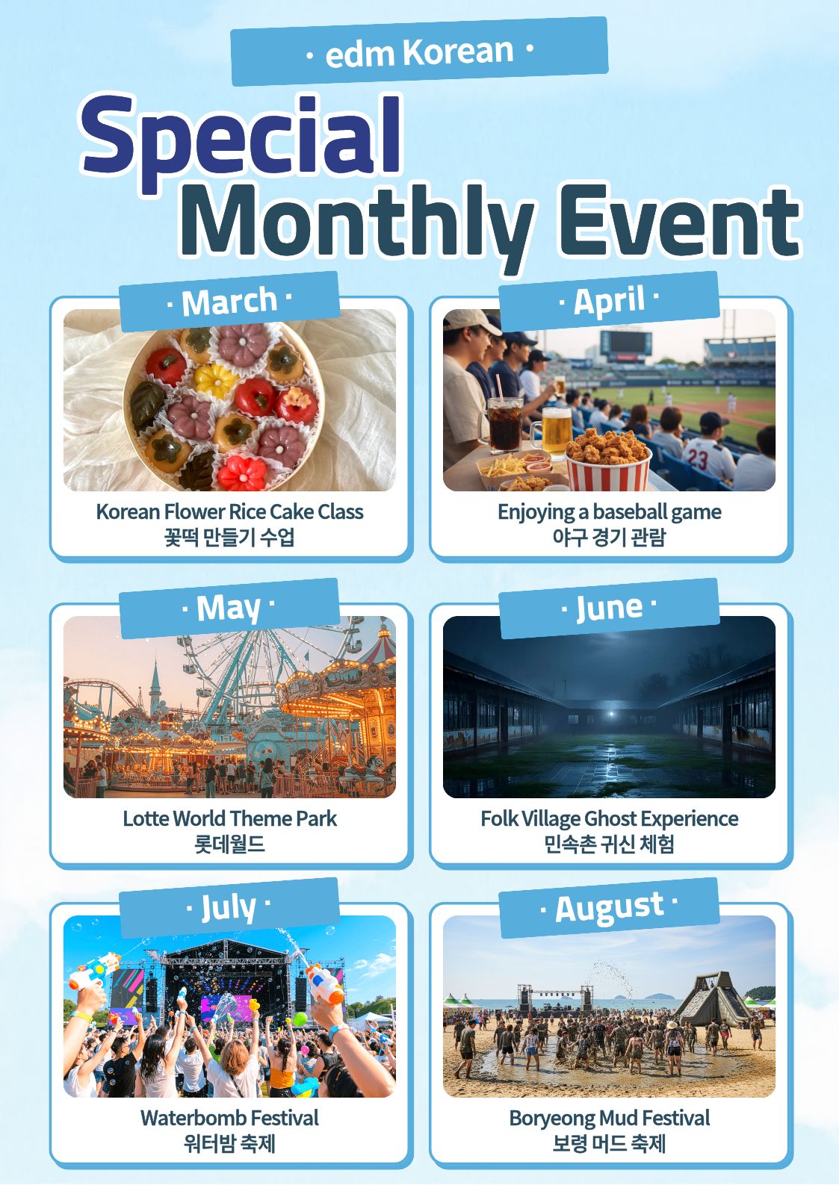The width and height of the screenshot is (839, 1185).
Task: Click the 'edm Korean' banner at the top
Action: (x=419, y=52)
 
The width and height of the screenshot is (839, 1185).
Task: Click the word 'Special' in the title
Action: (x=241, y=140)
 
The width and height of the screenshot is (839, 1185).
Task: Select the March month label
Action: (x=229, y=302)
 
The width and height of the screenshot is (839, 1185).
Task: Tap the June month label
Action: (x=609, y=609)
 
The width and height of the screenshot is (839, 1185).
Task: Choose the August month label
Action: (x=609, y=908)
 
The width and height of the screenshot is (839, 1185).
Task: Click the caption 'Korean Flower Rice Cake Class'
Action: (x=229, y=511)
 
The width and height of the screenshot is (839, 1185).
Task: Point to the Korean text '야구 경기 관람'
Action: (x=609, y=537)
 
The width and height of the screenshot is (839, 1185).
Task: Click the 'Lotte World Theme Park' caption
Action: (x=229, y=818)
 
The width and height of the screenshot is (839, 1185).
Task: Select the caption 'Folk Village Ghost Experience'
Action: (x=610, y=818)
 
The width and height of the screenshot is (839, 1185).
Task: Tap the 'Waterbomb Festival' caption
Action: (x=229, y=1118)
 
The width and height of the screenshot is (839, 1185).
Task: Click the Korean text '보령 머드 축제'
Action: (x=609, y=1143)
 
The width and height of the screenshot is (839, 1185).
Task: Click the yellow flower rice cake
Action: (x=215, y=380)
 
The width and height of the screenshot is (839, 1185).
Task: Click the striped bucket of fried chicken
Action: (x=608, y=460)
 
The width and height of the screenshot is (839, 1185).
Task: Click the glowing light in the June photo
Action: (x=612, y=714)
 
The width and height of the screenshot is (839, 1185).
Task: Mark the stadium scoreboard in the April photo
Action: (x=625, y=343)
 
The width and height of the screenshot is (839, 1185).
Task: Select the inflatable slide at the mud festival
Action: (x=713, y=1000)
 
